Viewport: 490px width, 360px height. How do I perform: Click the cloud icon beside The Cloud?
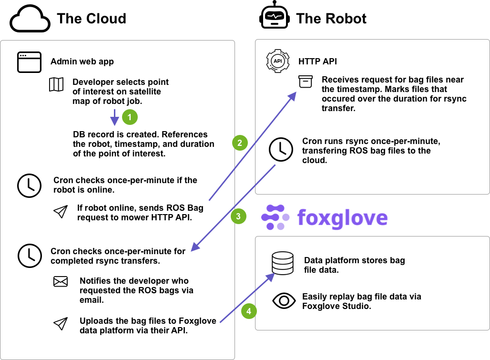pos(30,19)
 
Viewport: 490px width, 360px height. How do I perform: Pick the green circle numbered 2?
pos(240,142)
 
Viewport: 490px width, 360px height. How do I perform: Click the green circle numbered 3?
pos(238,216)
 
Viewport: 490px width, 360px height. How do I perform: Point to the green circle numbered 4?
pos(248,311)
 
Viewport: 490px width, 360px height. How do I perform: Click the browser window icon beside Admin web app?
pos(30,62)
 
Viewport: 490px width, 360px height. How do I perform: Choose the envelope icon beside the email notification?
pos(61,282)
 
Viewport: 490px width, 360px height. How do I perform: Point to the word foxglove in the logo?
pos(342,217)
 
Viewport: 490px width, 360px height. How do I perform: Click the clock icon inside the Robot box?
pos(281,149)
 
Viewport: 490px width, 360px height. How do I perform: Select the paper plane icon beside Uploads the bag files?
pos(60,324)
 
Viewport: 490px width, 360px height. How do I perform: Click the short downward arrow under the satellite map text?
pos(114,117)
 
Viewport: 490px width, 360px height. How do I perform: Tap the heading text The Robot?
pos(331,19)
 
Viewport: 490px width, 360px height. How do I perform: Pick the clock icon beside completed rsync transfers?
pos(30,256)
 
